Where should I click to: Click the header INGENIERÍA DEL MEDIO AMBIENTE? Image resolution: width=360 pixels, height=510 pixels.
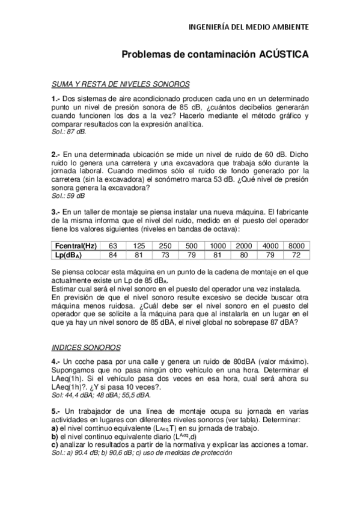click(x=249, y=27)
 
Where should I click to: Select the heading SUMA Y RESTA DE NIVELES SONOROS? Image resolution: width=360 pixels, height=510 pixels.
click(x=121, y=84)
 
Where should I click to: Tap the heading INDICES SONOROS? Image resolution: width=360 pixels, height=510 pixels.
click(x=86, y=348)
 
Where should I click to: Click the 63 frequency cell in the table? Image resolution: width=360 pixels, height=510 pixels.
click(x=112, y=246)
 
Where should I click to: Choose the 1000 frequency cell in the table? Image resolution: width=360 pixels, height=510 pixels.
click(x=218, y=246)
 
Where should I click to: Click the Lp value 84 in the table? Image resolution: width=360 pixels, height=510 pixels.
click(x=112, y=255)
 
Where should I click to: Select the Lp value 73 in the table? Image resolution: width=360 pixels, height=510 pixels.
click(x=165, y=255)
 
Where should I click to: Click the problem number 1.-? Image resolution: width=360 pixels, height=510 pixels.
click(x=56, y=98)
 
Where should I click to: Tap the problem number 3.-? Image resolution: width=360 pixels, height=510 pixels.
click(x=56, y=211)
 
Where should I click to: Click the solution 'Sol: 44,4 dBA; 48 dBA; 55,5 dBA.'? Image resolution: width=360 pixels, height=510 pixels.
click(x=101, y=395)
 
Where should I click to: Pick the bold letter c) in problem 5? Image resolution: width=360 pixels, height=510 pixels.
click(x=55, y=444)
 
